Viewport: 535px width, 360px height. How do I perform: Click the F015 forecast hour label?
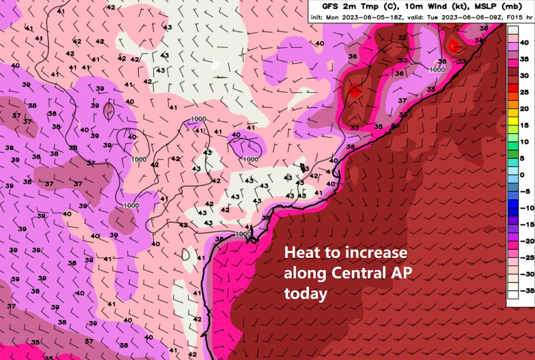(510, 18)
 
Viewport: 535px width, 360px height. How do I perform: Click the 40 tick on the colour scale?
(524, 42)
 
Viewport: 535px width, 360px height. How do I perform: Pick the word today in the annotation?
(305, 294)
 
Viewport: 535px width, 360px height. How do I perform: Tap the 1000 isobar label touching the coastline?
(243, 234)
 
